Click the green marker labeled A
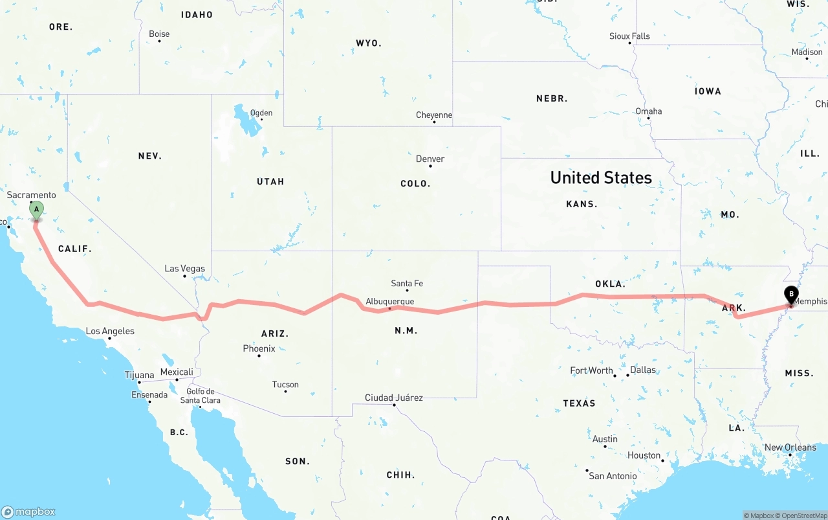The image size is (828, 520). (37, 210)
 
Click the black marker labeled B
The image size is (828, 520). (790, 295)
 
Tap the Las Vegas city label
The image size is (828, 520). (184, 269)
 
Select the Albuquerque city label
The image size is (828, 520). (389, 302)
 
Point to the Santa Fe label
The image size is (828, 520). (407, 284)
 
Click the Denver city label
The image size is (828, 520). (430, 159)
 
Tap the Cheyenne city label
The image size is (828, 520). (433, 115)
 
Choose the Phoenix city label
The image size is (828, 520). (259, 348)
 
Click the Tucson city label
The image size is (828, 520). (285, 385)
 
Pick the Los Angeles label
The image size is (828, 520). (110, 331)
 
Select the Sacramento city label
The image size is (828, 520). (31, 195)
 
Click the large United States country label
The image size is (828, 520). (601, 177)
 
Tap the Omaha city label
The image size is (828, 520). (648, 111)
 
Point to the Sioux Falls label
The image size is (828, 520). (629, 36)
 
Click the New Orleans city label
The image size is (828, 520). (790, 447)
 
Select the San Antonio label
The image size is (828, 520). (612, 476)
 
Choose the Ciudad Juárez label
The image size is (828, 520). (393, 398)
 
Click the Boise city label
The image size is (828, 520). (159, 34)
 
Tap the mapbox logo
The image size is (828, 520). (28, 512)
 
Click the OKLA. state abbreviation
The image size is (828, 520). (610, 284)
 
